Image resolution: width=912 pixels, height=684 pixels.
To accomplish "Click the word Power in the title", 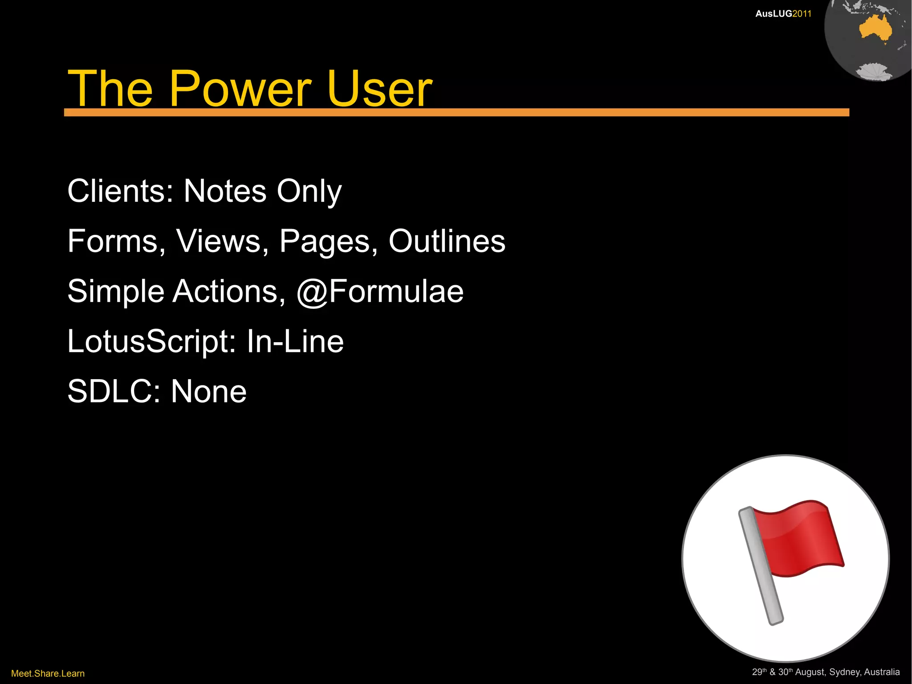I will click(240, 89).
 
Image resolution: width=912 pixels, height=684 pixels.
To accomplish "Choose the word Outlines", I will click(447, 242).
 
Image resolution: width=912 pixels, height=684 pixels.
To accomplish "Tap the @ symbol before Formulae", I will click(312, 293).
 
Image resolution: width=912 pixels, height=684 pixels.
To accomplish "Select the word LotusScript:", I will click(152, 342).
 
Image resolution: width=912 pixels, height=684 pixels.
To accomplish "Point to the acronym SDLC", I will click(109, 392).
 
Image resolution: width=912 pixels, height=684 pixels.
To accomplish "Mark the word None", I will click(208, 392).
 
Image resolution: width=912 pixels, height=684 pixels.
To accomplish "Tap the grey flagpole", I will click(761, 566).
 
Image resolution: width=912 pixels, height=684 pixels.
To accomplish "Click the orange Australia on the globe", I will click(875, 29).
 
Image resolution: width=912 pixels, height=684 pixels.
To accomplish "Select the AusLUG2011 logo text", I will click(783, 14).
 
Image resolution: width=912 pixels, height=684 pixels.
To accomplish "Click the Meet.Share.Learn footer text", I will click(48, 673).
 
